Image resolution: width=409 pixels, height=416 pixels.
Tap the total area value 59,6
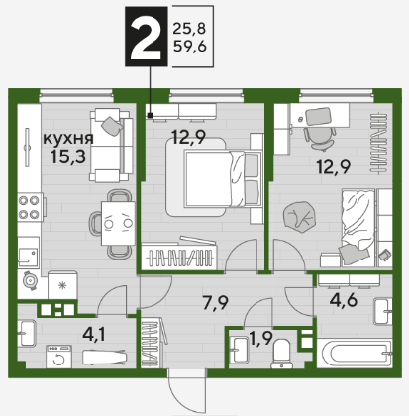(190, 46)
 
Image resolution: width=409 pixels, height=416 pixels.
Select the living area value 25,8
(189, 29)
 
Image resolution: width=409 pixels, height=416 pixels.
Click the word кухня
(68, 139)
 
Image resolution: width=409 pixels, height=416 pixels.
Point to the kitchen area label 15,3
(68, 156)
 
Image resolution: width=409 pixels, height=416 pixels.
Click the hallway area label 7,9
(216, 303)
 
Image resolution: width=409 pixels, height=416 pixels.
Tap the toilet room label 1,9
(260, 338)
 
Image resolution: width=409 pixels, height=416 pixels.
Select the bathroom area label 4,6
(345, 300)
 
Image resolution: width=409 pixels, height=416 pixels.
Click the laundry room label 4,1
(94, 335)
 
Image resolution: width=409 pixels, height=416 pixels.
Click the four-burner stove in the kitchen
(30, 207)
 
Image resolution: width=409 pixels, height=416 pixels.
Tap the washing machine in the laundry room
(58, 357)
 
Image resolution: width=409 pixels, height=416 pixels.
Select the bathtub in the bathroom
(355, 353)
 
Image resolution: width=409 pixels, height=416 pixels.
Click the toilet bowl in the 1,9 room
(281, 354)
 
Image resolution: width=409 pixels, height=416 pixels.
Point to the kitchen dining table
(118, 223)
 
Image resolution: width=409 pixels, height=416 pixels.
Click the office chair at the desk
(318, 137)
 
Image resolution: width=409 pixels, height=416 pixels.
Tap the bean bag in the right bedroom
(299, 217)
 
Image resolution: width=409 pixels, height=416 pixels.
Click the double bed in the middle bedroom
(214, 178)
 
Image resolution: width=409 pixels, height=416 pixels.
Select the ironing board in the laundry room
(104, 357)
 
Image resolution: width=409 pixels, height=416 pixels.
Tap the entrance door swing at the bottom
(186, 394)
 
